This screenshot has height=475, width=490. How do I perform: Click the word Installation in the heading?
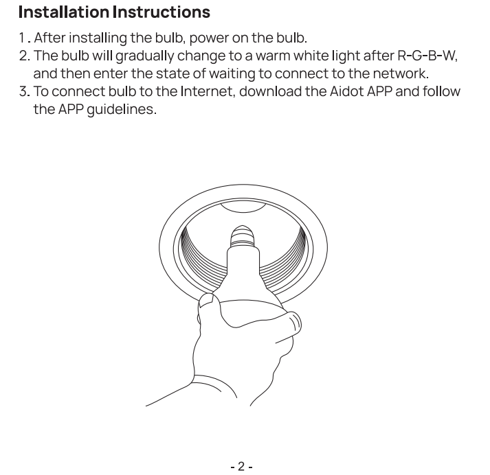[x=64, y=12]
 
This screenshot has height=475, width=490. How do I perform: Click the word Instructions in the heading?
[x=162, y=12]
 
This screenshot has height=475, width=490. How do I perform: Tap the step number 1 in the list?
[x=22, y=38]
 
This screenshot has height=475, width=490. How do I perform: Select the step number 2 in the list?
[x=23, y=56]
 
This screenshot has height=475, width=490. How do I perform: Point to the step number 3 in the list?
[x=23, y=91]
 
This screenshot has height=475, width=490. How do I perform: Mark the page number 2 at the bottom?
[x=241, y=466]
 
